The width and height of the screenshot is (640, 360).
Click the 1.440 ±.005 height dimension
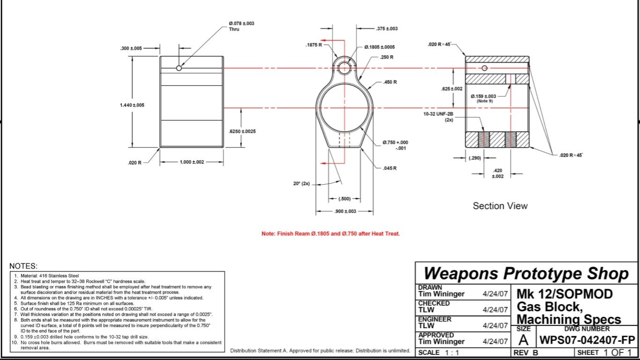click(132, 105)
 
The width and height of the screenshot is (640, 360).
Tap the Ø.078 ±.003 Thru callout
click(241, 26)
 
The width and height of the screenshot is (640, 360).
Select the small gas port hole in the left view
click(179, 68)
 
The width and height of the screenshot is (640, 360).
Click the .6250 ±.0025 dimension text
click(242, 132)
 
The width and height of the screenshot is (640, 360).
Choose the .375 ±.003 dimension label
click(387, 29)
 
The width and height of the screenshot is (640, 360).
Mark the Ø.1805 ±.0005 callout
click(380, 47)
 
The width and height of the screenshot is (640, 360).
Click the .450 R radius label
click(390, 82)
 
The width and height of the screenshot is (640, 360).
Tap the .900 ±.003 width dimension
click(345, 211)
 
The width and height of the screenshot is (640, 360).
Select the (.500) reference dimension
click(344, 199)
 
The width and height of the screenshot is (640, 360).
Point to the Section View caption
click(500, 206)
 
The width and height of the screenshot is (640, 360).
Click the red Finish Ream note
click(330, 233)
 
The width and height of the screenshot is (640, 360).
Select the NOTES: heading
click(23, 266)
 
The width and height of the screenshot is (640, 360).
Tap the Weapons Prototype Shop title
click(526, 273)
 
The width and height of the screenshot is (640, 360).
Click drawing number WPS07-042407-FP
click(588, 339)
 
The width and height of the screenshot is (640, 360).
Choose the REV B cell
click(526, 352)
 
